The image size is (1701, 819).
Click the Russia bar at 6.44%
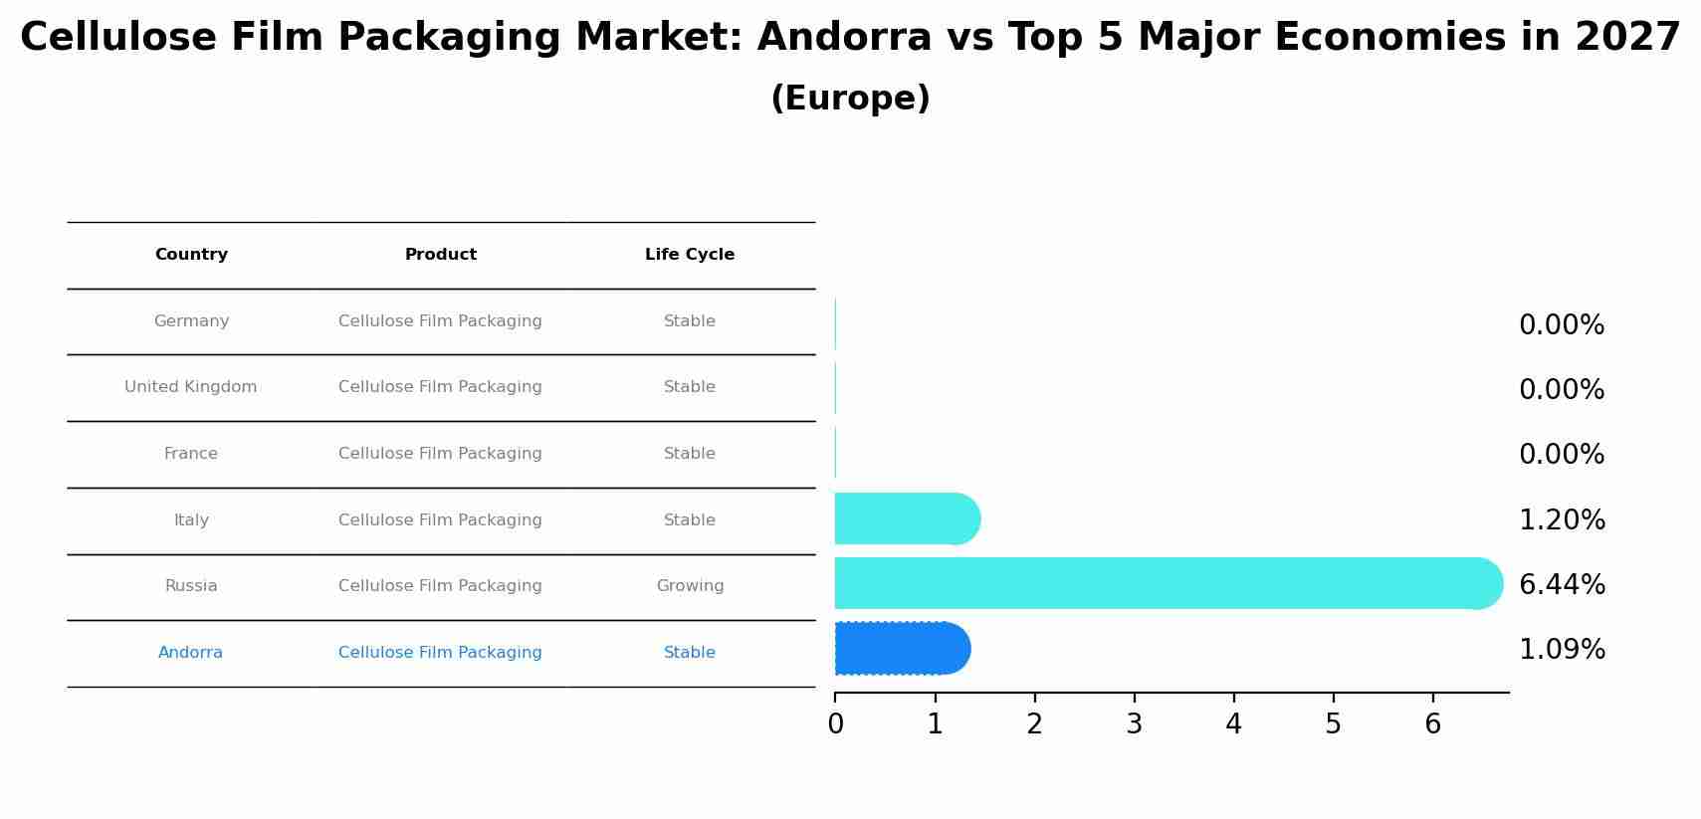tap(1165, 583)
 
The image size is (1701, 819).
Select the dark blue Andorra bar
tap(901, 649)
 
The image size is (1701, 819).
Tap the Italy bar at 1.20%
tap(906, 518)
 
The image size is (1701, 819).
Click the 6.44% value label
tap(1561, 585)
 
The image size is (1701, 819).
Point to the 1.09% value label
tap(1561, 650)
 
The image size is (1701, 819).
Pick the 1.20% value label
tap(1561, 520)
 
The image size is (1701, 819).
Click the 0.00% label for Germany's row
tap(1561, 325)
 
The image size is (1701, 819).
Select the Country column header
tap(191, 255)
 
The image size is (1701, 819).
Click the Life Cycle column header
tap(689, 255)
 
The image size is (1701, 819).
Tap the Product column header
tap(440, 255)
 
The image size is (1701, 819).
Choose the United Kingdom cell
tap(190, 387)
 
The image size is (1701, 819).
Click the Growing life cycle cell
tap(689, 586)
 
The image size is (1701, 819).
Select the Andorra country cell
tap(190, 653)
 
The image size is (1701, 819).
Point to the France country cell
tap(190, 454)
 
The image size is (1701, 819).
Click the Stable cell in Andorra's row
tap(689, 653)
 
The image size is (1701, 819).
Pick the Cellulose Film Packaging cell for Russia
tap(440, 586)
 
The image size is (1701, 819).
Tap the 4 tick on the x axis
tap(1233, 724)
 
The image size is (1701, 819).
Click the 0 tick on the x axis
tap(835, 724)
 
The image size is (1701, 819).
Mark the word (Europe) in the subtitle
tap(850, 99)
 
